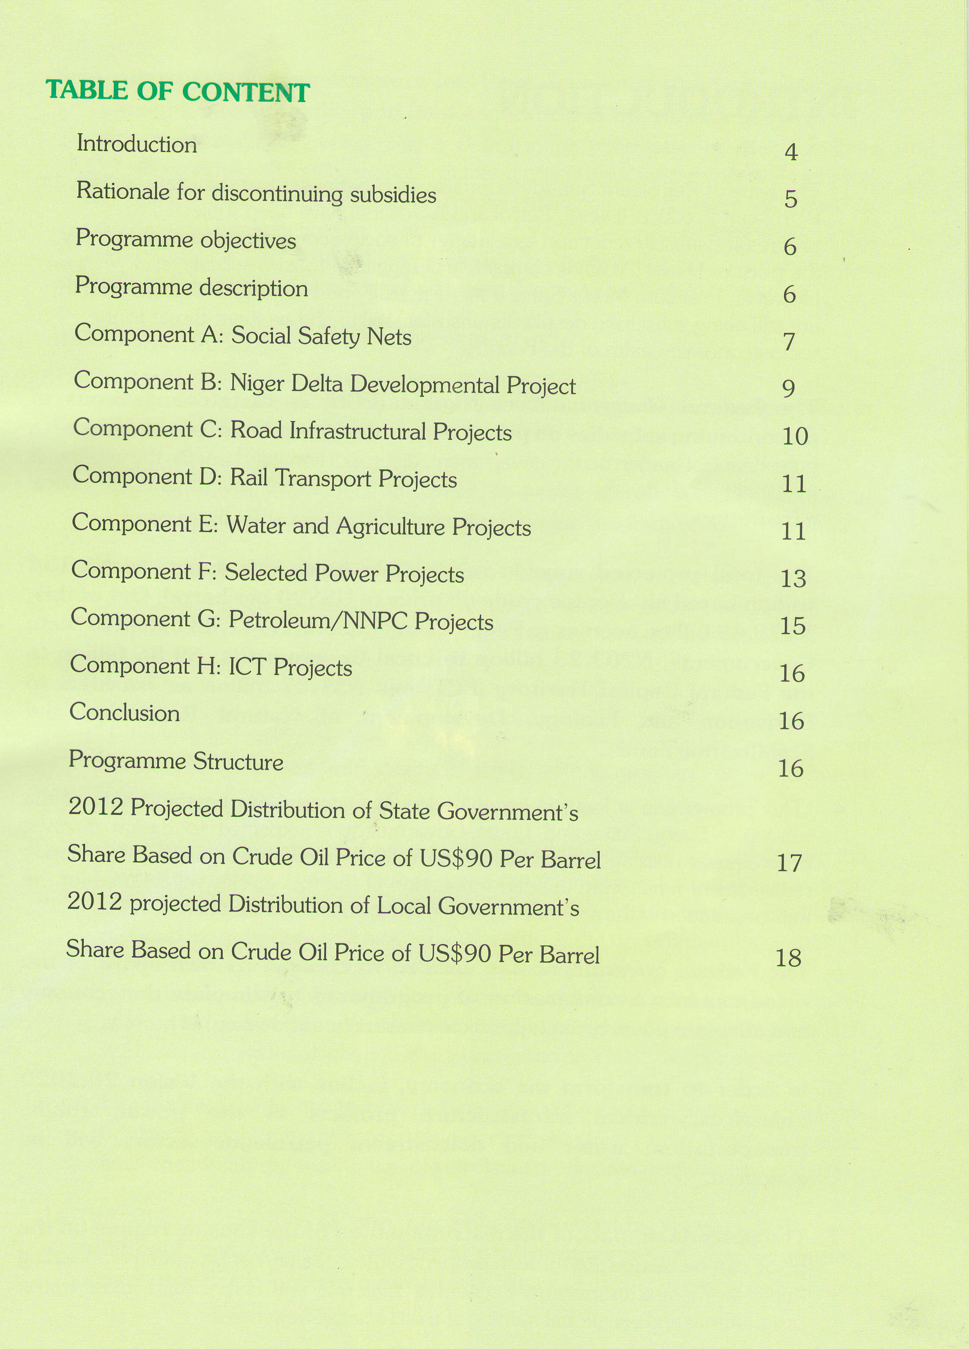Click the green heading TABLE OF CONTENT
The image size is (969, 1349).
178,91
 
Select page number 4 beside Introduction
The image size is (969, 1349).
790,152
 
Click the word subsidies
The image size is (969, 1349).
393,195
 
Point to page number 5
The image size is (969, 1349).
790,199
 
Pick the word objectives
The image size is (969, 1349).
248,241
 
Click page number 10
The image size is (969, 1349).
795,437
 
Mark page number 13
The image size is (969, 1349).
793,579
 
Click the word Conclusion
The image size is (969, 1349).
125,713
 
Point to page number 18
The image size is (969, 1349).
789,958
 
